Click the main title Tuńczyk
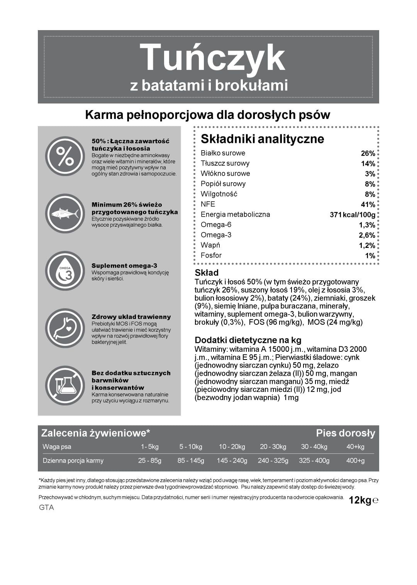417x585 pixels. tap(212, 58)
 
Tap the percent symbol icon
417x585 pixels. tap(65, 156)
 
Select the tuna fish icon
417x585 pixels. tap(65, 213)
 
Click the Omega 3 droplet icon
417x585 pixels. tap(65, 271)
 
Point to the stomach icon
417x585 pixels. tap(65, 328)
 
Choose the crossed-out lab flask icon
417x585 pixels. tap(65, 385)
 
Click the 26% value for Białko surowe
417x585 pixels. tap(368, 153)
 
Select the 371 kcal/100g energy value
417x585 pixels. tap(352, 215)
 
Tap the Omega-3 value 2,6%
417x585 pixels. tap(367, 235)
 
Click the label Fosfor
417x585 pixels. tap(211, 255)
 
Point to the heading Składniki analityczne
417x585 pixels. tap(262, 139)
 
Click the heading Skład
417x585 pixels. tap(207, 273)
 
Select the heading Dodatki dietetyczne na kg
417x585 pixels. tap(248, 340)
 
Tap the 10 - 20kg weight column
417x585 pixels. tap(232, 447)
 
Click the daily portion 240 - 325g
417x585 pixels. tap(273, 461)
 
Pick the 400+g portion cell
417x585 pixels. tap(355, 461)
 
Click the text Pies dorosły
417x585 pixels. tap(345, 433)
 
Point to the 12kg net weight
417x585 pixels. tap(360, 500)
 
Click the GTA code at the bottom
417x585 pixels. tap(46, 508)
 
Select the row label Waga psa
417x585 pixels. tap(57, 447)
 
